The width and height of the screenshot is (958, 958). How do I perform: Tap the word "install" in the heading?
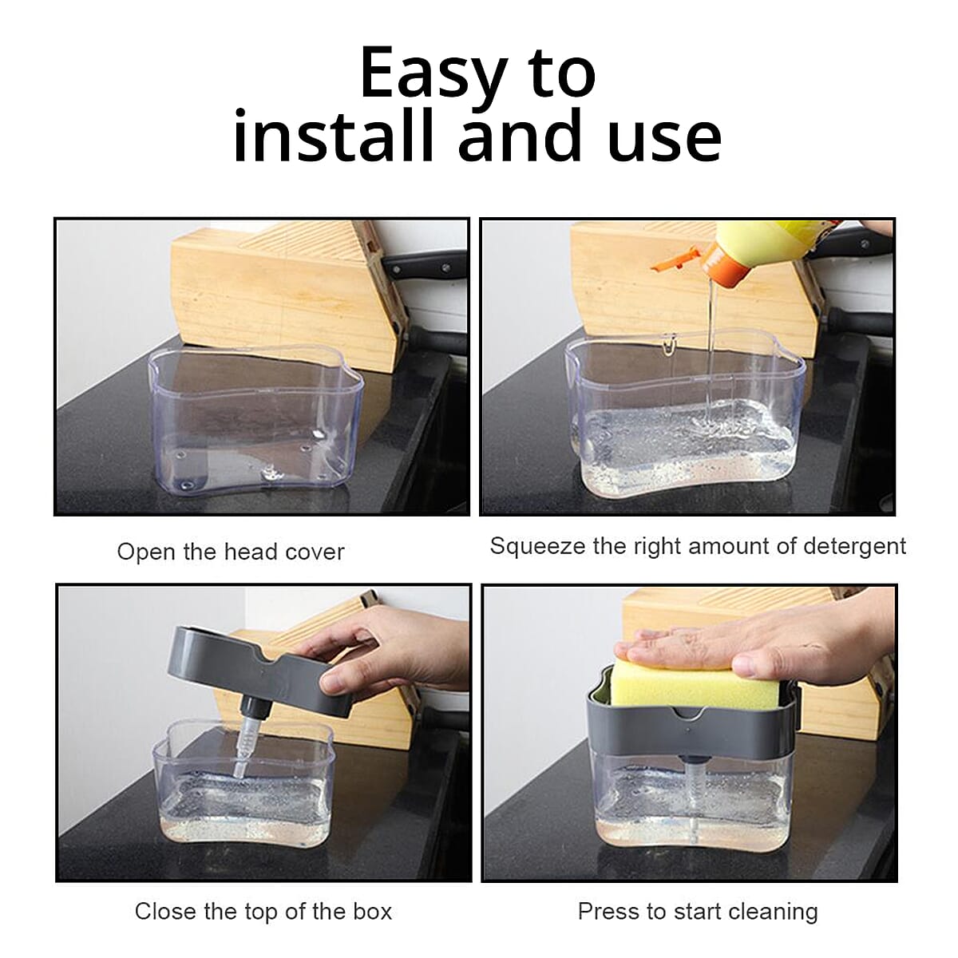click(333, 134)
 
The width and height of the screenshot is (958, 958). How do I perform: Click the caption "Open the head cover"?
click(231, 552)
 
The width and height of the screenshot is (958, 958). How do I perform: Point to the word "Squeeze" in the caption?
click(537, 547)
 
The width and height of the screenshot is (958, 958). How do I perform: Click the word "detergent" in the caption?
click(854, 547)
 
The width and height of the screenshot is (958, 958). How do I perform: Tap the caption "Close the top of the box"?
click(263, 911)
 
